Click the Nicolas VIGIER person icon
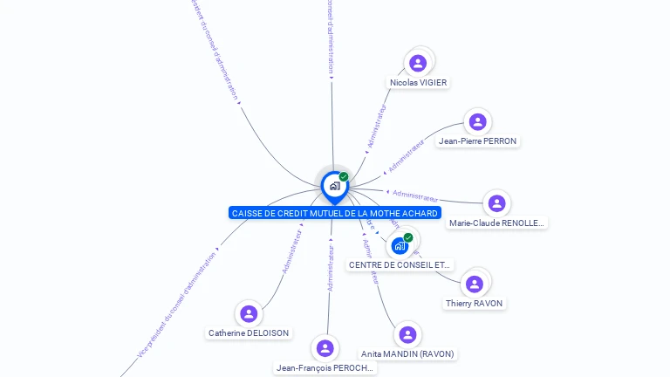click(418, 63)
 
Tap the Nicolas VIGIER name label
click(419, 83)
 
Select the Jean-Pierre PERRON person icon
click(476, 121)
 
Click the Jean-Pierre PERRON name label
click(477, 141)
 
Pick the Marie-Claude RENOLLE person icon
click(496, 203)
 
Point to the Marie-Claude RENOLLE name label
click(496, 223)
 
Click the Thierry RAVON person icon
click(474, 284)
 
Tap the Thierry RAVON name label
click(474, 304)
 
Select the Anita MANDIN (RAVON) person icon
click(407, 334)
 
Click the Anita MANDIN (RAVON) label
click(407, 354)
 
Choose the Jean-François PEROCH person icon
click(325, 348)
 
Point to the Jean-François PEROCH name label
click(325, 368)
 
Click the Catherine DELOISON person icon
click(249, 313)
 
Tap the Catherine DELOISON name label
click(249, 333)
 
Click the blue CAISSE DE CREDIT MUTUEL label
click(334, 213)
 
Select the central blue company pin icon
click(334, 186)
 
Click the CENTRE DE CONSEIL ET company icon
click(400, 245)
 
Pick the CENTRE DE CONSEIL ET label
click(400, 265)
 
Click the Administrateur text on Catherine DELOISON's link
click(291, 252)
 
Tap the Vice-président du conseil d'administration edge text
click(177, 305)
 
